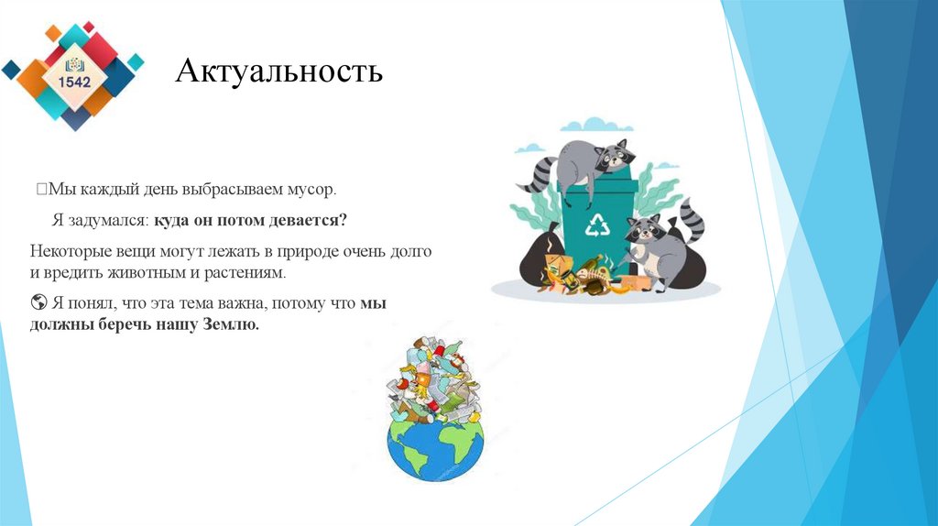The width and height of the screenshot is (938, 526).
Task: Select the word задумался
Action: coord(111,221)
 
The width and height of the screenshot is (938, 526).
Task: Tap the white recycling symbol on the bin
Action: coord(598,224)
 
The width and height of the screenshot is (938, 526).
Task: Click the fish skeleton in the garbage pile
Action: coord(590,272)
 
